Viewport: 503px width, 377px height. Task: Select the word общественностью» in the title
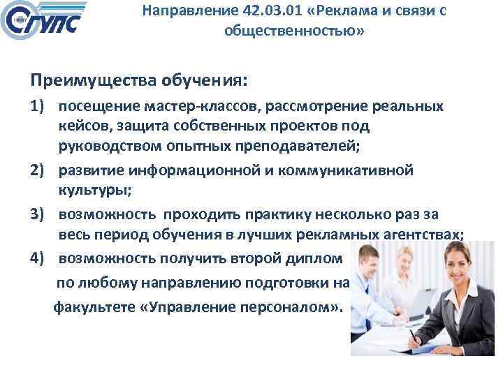[x=294, y=32]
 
